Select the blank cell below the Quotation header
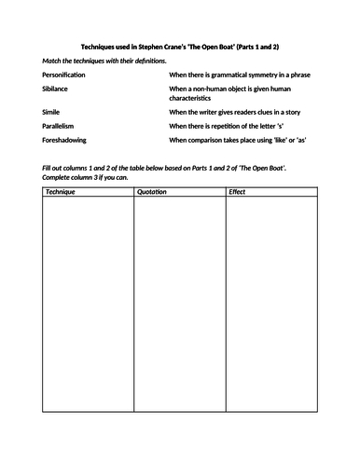(x=178, y=317)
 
